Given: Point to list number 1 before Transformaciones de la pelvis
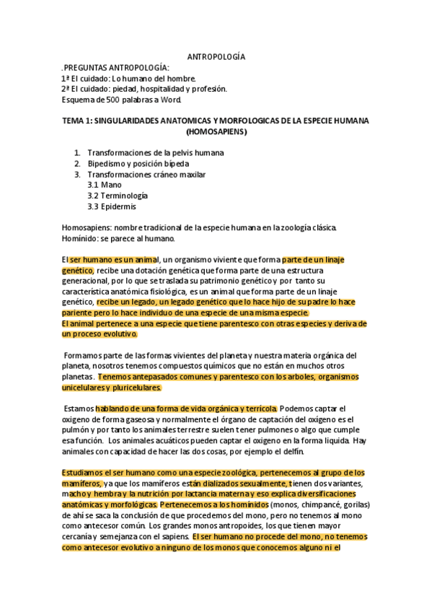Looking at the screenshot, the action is pos(77,153).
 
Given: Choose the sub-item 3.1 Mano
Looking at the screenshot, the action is pos(104,185).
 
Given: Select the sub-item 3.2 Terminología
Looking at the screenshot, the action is pos(118,196).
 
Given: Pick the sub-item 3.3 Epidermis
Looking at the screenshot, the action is pos(112,206).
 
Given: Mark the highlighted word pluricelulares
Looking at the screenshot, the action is pos(131,388).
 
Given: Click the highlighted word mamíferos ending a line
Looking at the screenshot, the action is pos(81,484).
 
